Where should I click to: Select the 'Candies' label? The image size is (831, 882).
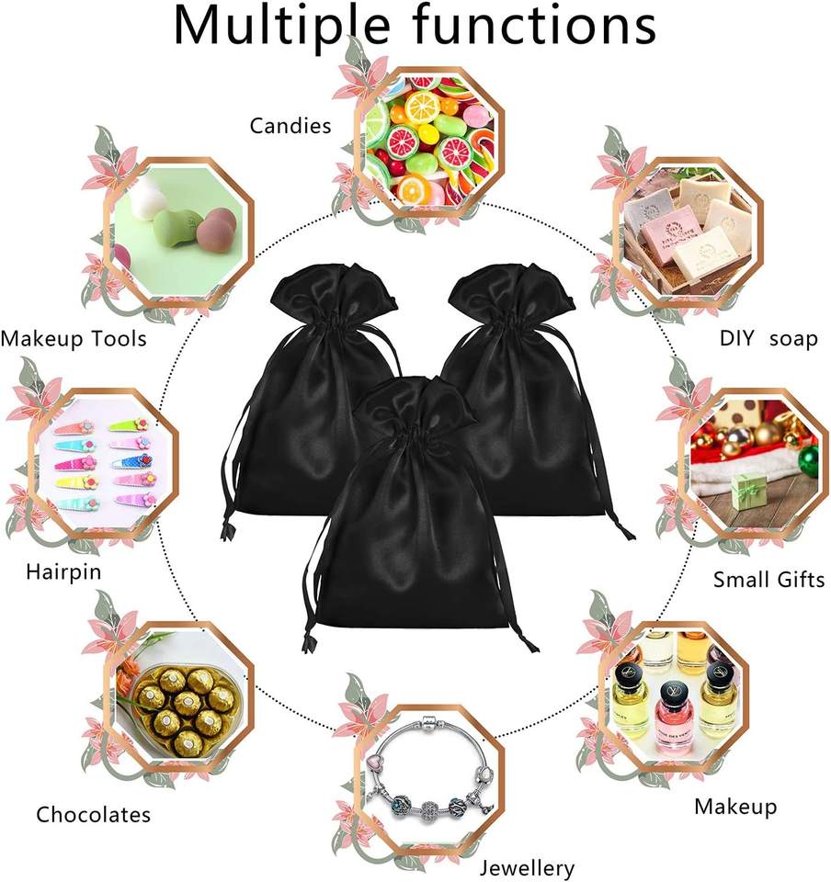[x=290, y=125]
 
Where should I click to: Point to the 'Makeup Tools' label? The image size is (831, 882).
[x=74, y=339]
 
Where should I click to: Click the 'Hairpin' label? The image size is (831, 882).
[x=63, y=572]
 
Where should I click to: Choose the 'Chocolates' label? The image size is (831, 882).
[x=94, y=814]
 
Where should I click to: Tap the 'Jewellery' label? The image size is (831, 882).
[x=528, y=867]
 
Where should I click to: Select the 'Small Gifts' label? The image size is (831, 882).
[x=769, y=579]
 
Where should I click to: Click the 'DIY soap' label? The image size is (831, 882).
[x=768, y=339]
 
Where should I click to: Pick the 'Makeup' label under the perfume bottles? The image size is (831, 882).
[x=735, y=807]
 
